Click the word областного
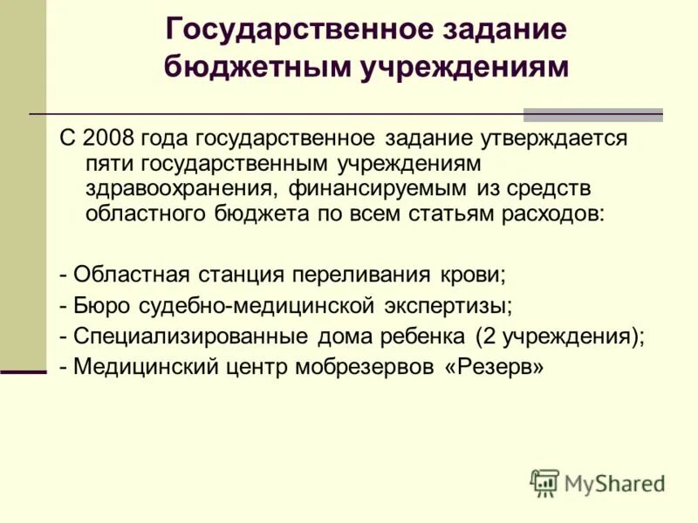pyautogui.click(x=147, y=212)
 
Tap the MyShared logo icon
pyautogui.click(x=544, y=482)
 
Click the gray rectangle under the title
pyautogui.click(x=592, y=115)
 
